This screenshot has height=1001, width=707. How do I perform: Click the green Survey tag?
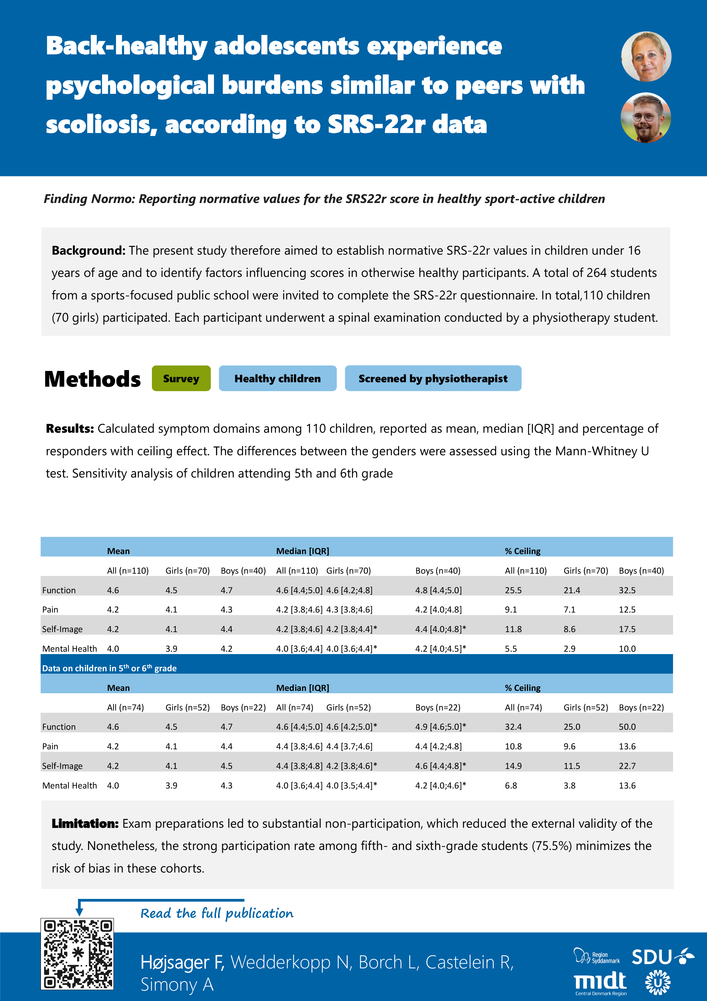[181, 378]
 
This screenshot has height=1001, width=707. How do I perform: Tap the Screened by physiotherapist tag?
[433, 378]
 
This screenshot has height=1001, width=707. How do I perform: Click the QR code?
[77, 954]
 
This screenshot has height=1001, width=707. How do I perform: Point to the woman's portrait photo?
[646, 57]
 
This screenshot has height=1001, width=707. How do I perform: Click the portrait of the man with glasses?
[646, 118]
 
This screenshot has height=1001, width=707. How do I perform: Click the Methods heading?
[92, 379]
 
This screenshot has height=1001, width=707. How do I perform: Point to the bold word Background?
[88, 251]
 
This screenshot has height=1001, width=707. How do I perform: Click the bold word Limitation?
[85, 824]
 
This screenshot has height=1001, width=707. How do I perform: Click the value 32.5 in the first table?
[627, 590]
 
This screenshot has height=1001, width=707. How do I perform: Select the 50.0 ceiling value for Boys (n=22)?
[627, 727]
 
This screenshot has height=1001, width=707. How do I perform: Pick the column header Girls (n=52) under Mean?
[188, 707]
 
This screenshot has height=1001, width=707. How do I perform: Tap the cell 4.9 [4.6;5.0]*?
[440, 727]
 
